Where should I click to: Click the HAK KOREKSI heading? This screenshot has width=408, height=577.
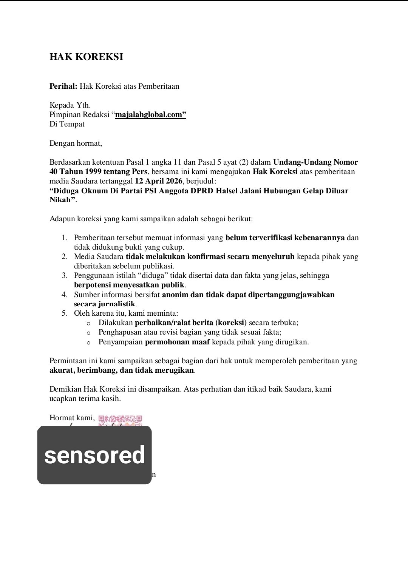[86, 57]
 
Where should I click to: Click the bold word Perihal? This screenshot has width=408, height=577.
[63, 86]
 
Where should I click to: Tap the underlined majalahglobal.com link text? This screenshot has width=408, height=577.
[151, 115]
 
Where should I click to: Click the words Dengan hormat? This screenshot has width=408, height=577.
[76, 143]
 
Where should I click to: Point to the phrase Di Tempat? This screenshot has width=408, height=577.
[67, 124]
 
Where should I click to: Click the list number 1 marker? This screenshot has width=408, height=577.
[65, 238]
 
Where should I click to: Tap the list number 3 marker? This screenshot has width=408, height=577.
[65, 276]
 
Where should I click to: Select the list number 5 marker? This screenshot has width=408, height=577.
[65, 313]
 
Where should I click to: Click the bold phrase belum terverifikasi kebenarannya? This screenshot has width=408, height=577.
[285, 238]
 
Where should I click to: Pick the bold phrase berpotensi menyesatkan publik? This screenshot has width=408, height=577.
[129, 285]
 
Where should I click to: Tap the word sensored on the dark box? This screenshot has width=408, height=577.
[94, 455]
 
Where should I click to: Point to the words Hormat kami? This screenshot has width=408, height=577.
[72, 418]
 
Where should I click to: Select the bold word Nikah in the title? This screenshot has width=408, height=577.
[60, 200]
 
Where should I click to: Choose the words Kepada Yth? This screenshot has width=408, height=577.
[70, 105]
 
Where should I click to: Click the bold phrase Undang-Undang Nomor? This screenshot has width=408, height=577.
[315, 162]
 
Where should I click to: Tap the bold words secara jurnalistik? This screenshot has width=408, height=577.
[105, 304]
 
